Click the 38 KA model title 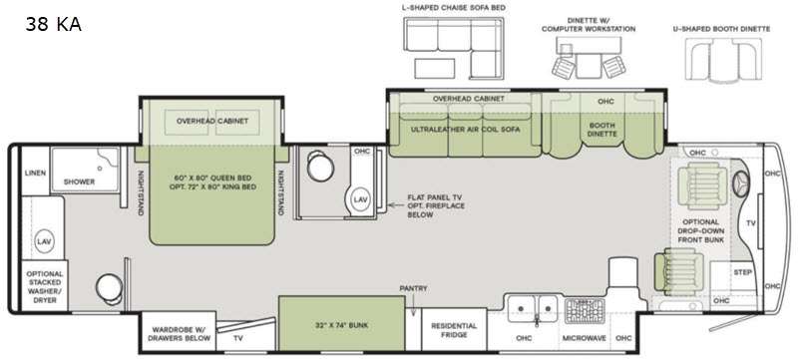point(53,24)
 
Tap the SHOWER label point(79,181)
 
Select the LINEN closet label point(35,173)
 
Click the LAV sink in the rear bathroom point(44,241)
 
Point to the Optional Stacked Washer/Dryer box point(45,287)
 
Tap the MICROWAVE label point(585,338)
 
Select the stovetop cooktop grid point(585,310)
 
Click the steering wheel point(741,182)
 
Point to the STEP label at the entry point(742,272)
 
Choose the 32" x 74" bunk point(342,323)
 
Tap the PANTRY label point(413,289)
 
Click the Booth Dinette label point(602,130)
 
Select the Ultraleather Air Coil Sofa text point(465,130)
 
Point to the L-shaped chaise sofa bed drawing point(454,48)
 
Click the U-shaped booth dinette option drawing point(724,59)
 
